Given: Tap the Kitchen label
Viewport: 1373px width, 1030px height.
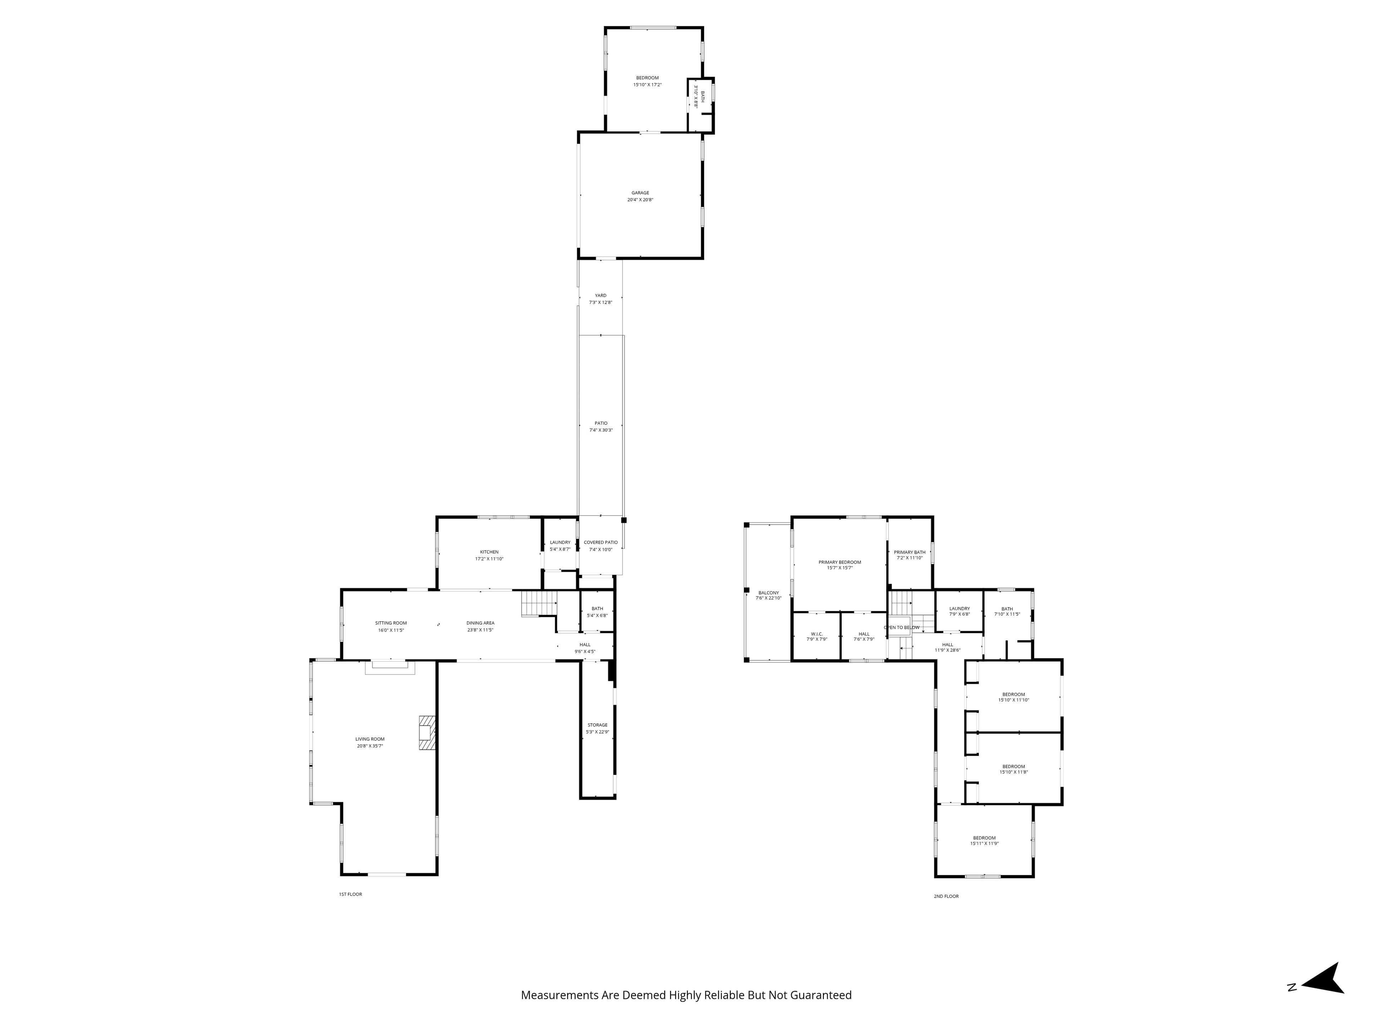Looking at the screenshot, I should (489, 552).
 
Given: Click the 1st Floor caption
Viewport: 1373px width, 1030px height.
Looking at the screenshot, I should (350, 894).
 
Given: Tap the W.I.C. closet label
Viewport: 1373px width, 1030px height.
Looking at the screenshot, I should (816, 634).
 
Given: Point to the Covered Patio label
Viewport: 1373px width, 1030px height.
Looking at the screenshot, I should (600, 543).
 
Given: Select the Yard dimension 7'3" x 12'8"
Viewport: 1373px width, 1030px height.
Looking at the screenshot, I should (600, 302).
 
